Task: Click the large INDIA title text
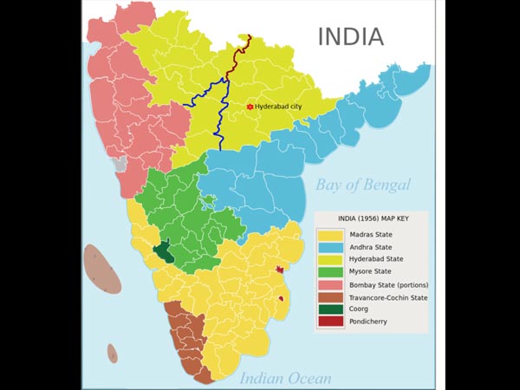coord(350,36)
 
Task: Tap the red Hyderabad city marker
coord(250,107)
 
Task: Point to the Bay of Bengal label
coord(363,185)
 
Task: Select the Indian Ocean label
coord(285,378)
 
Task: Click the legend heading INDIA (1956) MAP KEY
coord(370,218)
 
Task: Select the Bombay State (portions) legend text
coord(389,284)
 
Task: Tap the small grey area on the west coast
coord(120,163)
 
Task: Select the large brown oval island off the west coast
coord(102,269)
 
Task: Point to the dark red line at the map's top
coord(240,57)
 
